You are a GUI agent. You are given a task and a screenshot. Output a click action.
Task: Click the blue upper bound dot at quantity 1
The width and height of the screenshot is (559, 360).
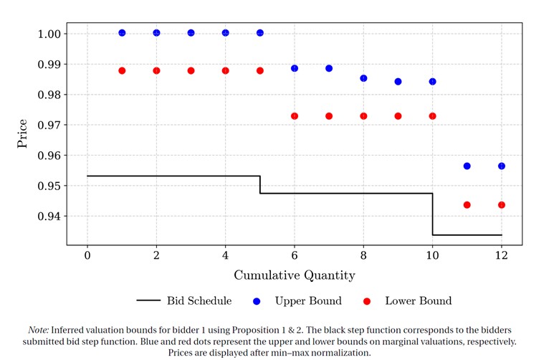tap(122, 33)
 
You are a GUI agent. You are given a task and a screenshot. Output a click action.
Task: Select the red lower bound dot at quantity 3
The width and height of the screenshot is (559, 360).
tap(191, 71)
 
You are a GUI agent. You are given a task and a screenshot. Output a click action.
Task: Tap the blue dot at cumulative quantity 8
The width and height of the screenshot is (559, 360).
tap(363, 78)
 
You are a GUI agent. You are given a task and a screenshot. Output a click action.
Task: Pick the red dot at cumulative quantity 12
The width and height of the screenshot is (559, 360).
tap(502, 205)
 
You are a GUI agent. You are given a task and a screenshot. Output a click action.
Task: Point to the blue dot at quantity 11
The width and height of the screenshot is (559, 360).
tap(467, 166)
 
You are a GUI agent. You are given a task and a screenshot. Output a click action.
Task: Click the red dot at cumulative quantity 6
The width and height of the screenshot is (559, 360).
tap(295, 116)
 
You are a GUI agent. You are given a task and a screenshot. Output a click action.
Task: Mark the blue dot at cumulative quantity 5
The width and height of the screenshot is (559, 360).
tap(260, 33)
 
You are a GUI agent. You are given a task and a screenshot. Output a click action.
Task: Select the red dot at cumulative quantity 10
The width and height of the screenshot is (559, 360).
tap(432, 116)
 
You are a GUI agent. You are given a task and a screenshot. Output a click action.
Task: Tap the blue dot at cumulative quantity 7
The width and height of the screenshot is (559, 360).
tap(329, 69)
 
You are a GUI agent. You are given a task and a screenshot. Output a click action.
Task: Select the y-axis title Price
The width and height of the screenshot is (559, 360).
tap(23, 134)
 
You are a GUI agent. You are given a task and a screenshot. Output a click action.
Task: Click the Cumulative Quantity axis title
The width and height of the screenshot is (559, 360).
tap(294, 275)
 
